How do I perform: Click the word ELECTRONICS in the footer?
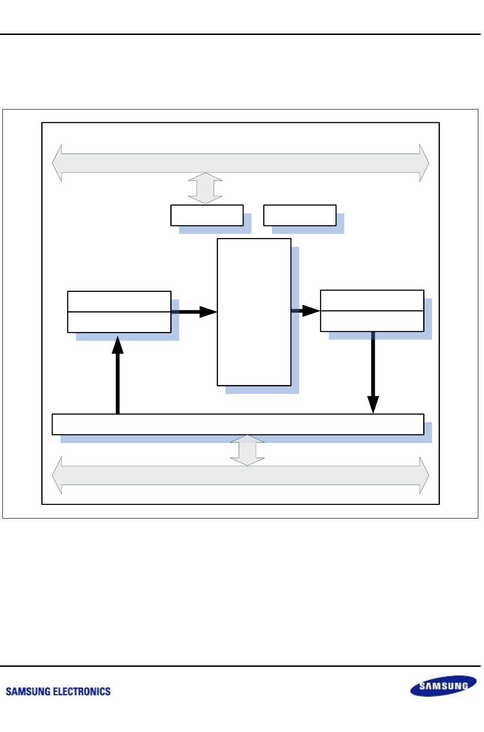(82, 691)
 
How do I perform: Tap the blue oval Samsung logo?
(443, 686)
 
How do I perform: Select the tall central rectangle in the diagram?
(254, 312)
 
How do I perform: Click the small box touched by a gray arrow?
(207, 215)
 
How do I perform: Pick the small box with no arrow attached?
(300, 215)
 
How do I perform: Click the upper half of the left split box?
(119, 301)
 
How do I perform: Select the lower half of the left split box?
(119, 322)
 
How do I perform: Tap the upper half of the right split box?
(372, 300)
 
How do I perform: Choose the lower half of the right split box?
(372, 321)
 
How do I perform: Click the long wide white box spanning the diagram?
(238, 424)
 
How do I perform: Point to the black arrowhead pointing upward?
(118, 345)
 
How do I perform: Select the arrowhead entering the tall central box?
(208, 312)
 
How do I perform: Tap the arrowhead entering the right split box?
(311, 311)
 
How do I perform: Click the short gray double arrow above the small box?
(205, 188)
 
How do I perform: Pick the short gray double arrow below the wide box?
(247, 450)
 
